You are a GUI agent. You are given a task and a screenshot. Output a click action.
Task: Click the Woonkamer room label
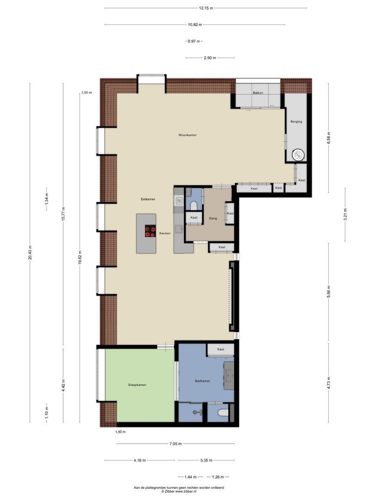point(187,135)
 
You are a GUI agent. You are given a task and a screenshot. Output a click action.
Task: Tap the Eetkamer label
point(148,199)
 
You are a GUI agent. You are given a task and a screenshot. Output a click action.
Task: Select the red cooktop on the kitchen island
point(150,231)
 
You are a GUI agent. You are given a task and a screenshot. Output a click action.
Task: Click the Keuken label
point(165,233)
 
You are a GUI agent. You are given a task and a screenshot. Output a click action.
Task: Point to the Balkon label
point(258,93)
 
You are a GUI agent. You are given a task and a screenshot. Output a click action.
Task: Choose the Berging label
point(296,122)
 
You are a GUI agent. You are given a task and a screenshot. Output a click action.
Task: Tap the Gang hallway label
point(213,218)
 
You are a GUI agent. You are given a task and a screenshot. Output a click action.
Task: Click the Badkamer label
point(202,381)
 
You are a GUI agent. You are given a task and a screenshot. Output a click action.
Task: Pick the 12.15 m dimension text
point(206,8)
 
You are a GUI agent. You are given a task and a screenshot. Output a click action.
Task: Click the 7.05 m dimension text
point(175,444)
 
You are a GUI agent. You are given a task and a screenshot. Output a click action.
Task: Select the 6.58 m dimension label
point(329,138)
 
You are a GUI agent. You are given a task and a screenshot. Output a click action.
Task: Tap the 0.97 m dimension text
point(194,42)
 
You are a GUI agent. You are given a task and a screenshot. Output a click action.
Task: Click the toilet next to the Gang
point(194,204)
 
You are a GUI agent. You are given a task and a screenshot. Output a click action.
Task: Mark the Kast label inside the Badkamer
point(221,349)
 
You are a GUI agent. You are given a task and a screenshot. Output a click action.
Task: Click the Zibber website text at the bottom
point(179,492)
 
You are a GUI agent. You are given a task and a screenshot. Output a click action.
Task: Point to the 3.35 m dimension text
point(206,460)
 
